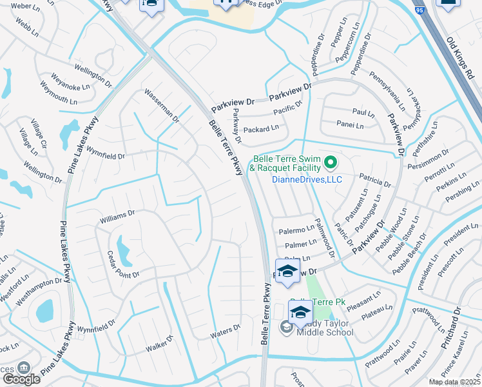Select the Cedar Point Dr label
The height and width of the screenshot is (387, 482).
[x=123, y=265]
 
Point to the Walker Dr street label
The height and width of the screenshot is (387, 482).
[x=160, y=343]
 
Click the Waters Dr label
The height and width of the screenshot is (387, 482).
[x=225, y=332]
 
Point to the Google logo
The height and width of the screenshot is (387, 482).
[x=21, y=379]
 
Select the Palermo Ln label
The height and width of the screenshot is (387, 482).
[x=296, y=230]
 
